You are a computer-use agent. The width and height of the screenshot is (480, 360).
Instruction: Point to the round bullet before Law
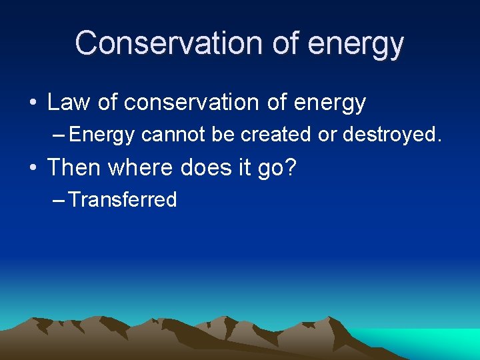click(32, 103)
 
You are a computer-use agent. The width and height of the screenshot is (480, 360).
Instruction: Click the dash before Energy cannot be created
click(58, 135)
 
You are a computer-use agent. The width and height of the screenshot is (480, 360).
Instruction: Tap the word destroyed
click(391, 134)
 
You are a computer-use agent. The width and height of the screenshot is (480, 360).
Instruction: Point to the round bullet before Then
click(32, 168)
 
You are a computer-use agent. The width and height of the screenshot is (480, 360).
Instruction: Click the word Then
click(74, 167)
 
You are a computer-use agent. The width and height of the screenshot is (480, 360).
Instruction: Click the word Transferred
click(123, 199)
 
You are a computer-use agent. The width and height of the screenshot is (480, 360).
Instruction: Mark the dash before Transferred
click(58, 200)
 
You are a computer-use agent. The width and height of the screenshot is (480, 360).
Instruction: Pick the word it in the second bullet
click(244, 167)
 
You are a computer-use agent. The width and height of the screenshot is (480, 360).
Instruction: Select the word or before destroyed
click(327, 134)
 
